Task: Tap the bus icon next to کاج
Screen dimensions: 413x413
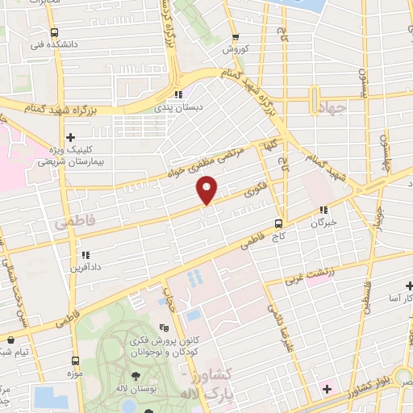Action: coord(278,223)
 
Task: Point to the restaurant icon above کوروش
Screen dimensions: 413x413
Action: coord(236,37)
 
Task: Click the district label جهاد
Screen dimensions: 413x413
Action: coord(330,108)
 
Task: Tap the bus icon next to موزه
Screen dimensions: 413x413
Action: coord(75,361)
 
